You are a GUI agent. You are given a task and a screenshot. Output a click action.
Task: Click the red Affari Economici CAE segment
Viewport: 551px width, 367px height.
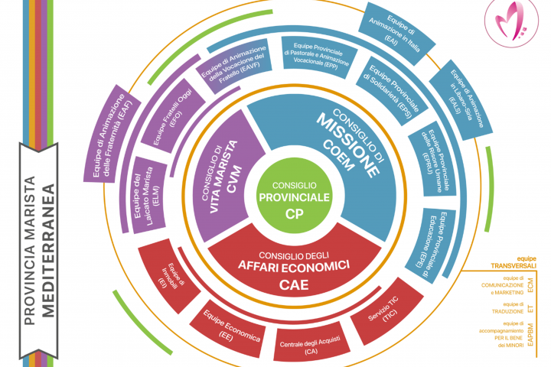click(x=302, y=268)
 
